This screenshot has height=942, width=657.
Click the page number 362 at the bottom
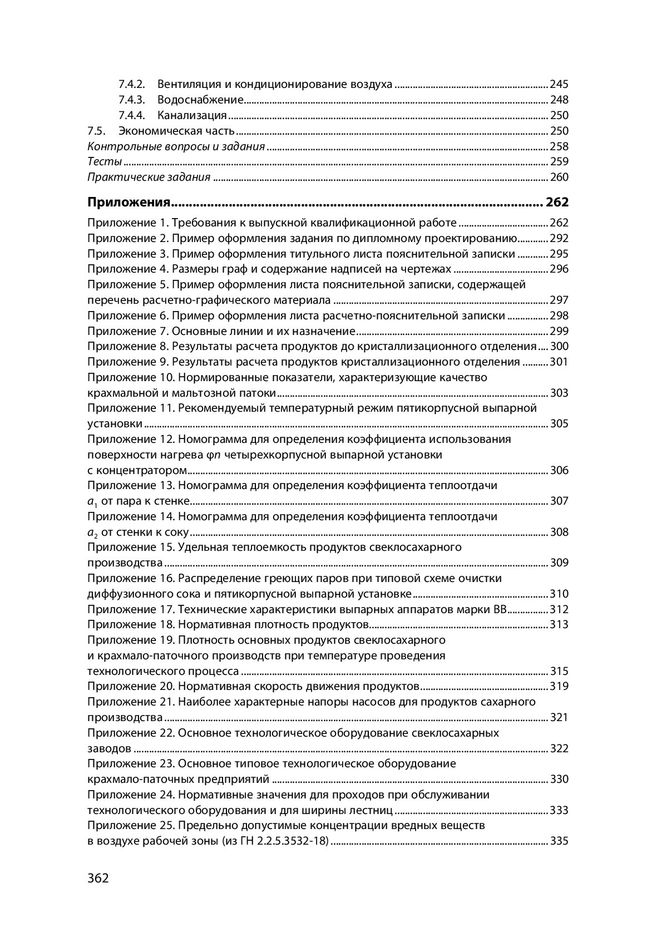click(98, 879)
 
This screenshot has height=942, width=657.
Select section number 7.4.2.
click(131, 85)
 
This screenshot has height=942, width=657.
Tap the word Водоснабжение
click(201, 100)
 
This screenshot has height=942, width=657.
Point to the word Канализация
click(192, 116)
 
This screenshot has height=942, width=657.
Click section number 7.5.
click(96, 131)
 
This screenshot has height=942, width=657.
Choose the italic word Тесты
click(105, 162)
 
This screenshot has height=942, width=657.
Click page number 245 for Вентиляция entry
click(559, 85)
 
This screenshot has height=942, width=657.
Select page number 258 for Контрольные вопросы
click(559, 147)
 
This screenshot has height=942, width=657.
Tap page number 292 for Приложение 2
click(559, 239)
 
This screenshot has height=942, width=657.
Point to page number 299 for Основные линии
click(559, 332)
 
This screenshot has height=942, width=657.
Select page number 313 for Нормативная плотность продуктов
click(559, 624)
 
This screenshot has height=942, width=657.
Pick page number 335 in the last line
click(559, 841)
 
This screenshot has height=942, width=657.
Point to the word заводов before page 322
click(110, 748)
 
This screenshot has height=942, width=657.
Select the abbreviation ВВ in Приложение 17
click(500, 609)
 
